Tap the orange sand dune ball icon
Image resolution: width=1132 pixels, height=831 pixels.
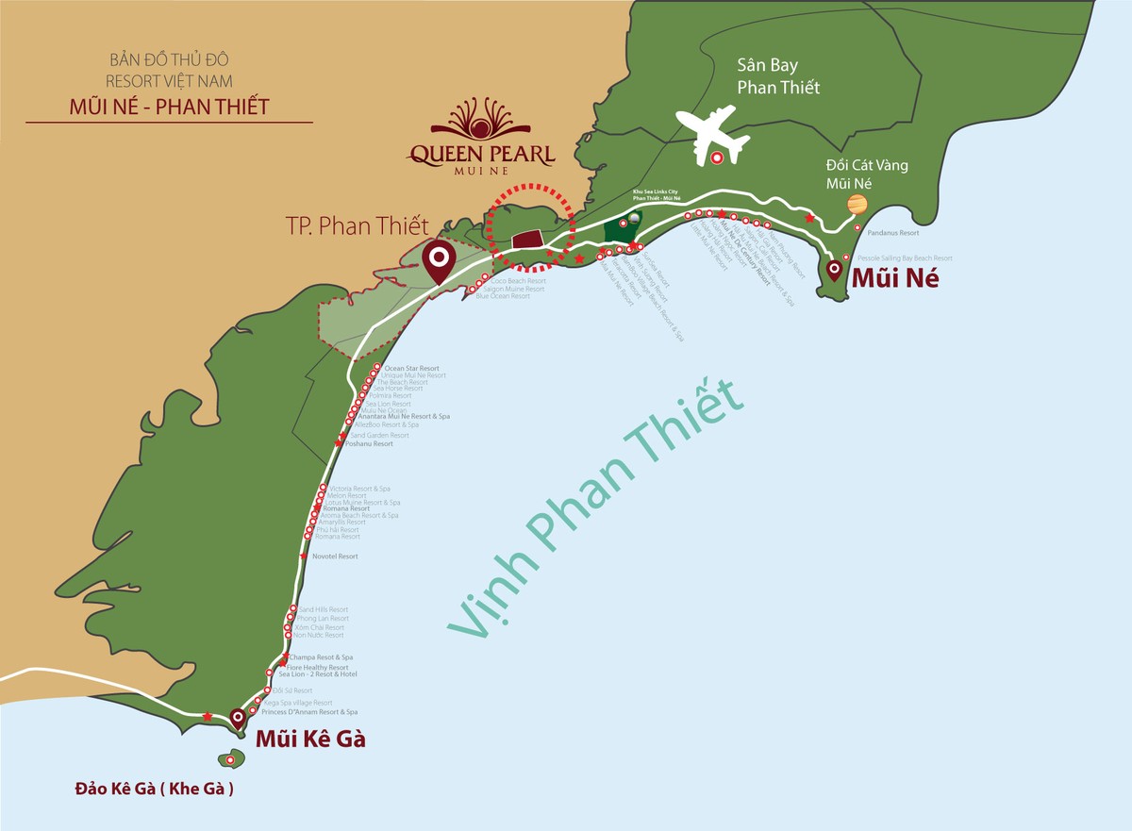(857, 205)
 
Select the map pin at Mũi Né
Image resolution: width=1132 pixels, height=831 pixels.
(834, 272)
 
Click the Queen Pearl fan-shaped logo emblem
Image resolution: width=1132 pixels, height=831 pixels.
(481, 119)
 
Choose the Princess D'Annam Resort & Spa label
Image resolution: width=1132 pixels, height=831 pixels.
(309, 712)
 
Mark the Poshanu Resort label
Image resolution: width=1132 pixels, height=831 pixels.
(369, 443)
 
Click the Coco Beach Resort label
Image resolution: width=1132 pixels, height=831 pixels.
(518, 280)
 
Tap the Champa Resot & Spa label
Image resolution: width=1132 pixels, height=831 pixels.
(322, 656)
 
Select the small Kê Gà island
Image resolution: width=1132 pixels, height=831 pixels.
(232, 760)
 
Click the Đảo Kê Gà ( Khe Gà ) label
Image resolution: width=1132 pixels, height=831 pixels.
(155, 789)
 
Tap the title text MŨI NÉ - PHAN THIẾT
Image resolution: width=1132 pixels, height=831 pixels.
(169, 107)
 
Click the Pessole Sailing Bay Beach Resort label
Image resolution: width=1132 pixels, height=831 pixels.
(905, 258)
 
